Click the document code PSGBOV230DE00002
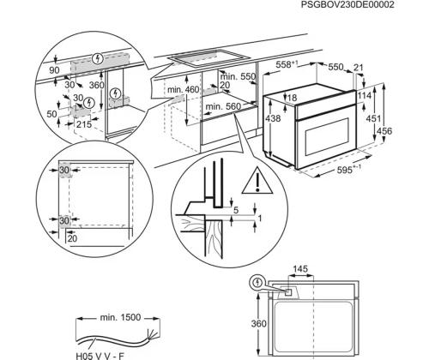click(x=371, y=5)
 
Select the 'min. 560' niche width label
click(x=221, y=108)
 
